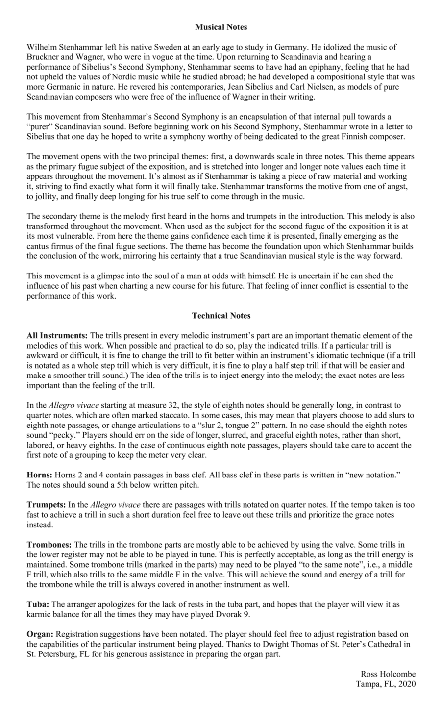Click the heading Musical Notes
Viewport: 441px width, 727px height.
point(221,27)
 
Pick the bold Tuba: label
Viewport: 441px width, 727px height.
point(38,604)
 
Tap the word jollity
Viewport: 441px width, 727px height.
point(47,197)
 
